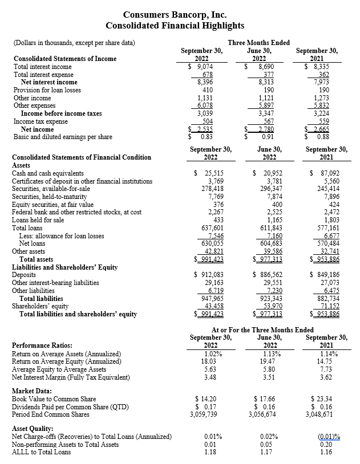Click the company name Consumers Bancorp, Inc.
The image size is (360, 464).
(175, 15)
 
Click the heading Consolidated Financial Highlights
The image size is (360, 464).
(175, 26)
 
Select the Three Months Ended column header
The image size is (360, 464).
(258, 43)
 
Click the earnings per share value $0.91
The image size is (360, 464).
(262, 137)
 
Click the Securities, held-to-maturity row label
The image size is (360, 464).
(54, 197)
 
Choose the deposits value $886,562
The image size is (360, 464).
(268, 275)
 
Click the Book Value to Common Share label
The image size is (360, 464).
(54, 398)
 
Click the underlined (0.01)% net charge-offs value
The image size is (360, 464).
(327, 437)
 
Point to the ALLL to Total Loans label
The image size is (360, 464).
(42, 452)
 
